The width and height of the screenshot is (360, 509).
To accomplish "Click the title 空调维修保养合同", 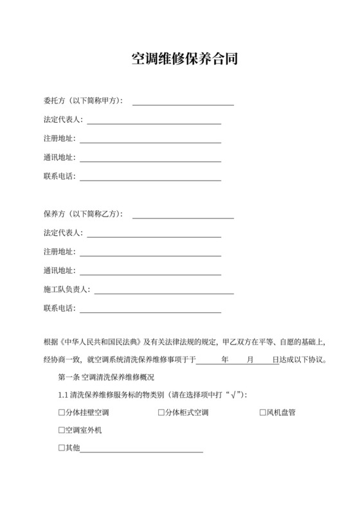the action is click(x=180, y=60).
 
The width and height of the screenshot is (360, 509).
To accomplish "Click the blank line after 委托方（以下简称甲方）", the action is click(x=183, y=102).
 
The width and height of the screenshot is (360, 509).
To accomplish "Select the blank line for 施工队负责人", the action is click(x=164, y=290).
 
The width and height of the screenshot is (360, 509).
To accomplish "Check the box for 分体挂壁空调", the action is click(x=61, y=413).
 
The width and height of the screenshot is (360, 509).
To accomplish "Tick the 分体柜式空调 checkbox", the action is click(x=161, y=413).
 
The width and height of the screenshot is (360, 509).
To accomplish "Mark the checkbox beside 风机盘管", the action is click(x=262, y=413).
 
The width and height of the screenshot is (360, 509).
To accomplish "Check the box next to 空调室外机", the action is click(x=61, y=430).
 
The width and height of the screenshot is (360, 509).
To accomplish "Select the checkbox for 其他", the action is click(x=61, y=447).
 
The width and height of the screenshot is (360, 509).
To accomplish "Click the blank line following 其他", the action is click(x=141, y=449).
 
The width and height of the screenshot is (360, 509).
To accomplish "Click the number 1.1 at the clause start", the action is click(x=63, y=395).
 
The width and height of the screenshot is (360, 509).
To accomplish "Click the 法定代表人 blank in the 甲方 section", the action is click(x=154, y=120).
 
